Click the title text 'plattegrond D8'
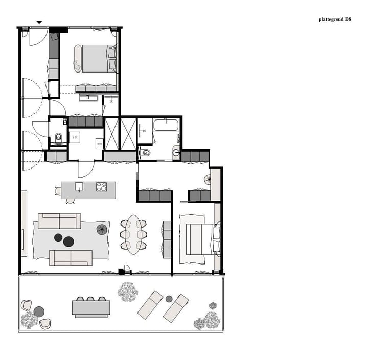click(x=335, y=20)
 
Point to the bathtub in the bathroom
click(x=166, y=126)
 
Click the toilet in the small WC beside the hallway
click(x=58, y=137)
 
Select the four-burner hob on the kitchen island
click(x=102, y=187)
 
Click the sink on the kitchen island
click(x=79, y=187)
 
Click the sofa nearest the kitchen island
click(x=59, y=221)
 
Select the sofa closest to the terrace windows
click(x=71, y=257)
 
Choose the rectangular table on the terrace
click(x=91, y=308)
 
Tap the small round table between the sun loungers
click(x=169, y=298)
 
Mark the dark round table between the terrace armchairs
click(x=39, y=311)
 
